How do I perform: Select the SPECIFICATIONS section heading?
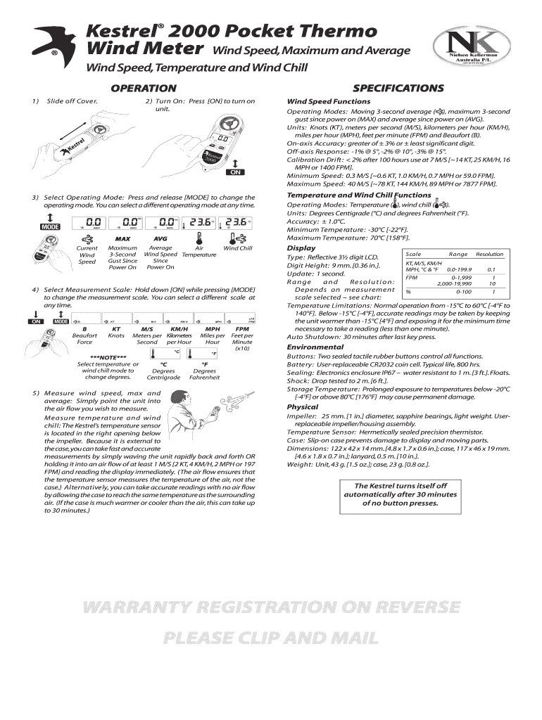tap(398, 88)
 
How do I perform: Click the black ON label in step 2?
tap(235, 172)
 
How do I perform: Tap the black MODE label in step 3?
tap(50, 227)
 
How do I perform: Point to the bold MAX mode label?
tap(123, 239)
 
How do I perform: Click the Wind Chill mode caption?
tap(237, 248)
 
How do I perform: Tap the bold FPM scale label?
tap(242, 328)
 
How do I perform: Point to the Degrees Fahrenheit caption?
tap(205, 374)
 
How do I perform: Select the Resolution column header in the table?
tap(489, 254)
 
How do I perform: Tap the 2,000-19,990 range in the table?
tap(454, 283)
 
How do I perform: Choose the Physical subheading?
tap(303, 407)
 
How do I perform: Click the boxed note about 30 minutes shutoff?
tap(401, 495)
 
